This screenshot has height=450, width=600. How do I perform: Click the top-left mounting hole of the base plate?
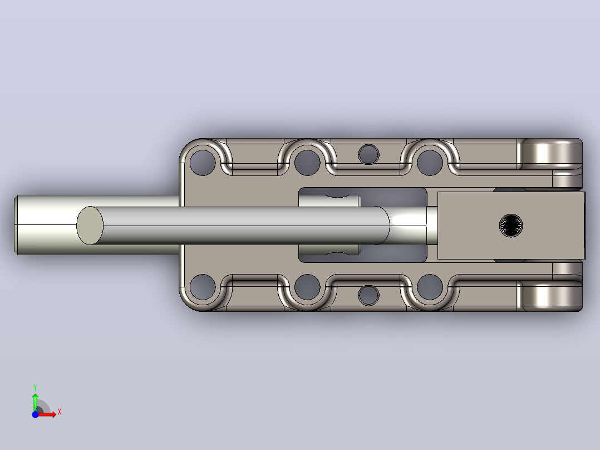(x=203, y=163)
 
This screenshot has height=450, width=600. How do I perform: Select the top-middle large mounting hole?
(x=307, y=163)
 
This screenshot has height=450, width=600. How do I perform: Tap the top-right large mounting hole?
(x=429, y=163)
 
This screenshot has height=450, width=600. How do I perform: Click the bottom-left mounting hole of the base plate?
(x=203, y=287)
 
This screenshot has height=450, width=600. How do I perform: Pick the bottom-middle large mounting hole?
(x=307, y=287)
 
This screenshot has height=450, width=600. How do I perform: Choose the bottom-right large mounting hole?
(x=429, y=287)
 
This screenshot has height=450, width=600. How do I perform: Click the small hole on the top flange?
(x=368, y=155)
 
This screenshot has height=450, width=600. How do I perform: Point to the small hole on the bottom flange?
(x=368, y=295)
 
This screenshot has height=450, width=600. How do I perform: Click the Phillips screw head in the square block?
(x=511, y=226)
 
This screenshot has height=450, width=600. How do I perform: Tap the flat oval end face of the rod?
(x=90, y=226)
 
